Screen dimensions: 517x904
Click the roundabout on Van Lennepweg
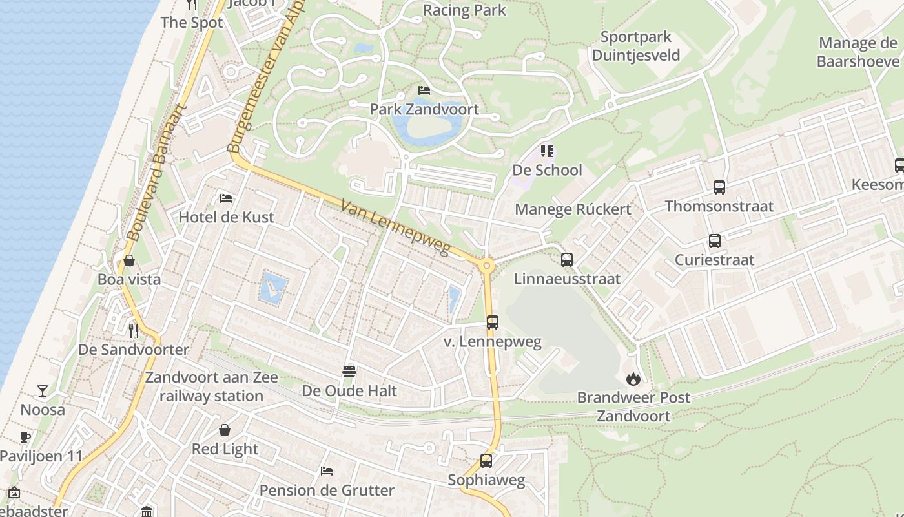click(487, 265)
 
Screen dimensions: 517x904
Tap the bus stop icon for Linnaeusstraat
click(567, 260)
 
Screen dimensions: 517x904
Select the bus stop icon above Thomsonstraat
click(719, 187)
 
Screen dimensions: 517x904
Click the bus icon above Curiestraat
click(715, 241)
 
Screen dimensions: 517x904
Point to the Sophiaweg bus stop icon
click(486, 461)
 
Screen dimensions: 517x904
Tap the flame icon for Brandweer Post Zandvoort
click(633, 379)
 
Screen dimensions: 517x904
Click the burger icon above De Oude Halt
click(349, 372)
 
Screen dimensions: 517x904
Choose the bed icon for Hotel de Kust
click(226, 198)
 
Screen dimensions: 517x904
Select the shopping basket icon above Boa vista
click(129, 260)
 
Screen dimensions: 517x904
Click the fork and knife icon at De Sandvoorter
click(134, 331)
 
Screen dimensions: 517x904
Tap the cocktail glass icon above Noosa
click(43, 391)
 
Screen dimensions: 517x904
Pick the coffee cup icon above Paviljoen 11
click(25, 438)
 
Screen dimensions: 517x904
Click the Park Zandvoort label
click(424, 109)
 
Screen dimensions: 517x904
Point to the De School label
click(547, 171)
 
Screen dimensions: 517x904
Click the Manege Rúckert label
click(573, 209)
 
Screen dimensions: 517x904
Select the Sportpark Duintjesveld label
click(636, 46)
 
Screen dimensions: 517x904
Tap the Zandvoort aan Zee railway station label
click(211, 386)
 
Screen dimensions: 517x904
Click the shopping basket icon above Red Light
click(225, 430)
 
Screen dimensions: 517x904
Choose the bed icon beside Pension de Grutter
click(327, 471)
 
